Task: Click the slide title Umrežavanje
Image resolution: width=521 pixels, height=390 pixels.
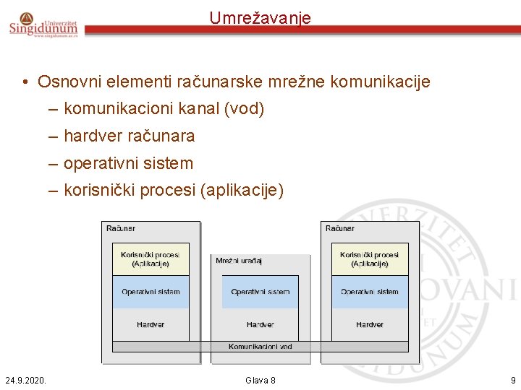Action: tap(260, 17)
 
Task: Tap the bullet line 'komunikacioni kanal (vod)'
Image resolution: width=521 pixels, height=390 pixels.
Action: tap(164, 109)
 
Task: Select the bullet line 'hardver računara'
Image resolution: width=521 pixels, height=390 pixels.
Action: tap(129, 136)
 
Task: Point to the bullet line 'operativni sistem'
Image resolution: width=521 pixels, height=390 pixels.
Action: tap(128, 163)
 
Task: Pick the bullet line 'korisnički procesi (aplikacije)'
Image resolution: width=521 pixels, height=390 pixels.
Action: tap(174, 191)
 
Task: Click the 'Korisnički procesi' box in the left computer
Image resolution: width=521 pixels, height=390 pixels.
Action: tap(151, 259)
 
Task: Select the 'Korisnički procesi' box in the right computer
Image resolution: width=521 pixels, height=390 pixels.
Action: tap(370, 259)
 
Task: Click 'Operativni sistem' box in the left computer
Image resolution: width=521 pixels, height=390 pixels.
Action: tap(151, 292)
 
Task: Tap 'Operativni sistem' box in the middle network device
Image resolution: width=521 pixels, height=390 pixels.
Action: tap(260, 292)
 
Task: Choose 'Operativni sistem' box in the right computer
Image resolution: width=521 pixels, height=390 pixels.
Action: tap(370, 292)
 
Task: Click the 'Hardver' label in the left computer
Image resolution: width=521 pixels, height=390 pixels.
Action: tap(151, 325)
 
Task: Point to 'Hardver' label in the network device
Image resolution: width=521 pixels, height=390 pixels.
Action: tap(260, 325)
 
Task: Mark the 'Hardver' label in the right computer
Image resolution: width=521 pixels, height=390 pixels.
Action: tap(370, 325)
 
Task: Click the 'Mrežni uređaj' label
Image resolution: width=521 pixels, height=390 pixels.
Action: tap(239, 261)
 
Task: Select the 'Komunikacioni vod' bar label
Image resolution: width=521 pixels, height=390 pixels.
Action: tap(260, 347)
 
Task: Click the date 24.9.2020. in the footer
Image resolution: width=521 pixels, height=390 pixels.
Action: tap(25, 380)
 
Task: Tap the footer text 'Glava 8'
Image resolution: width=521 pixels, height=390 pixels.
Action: tap(260, 380)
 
